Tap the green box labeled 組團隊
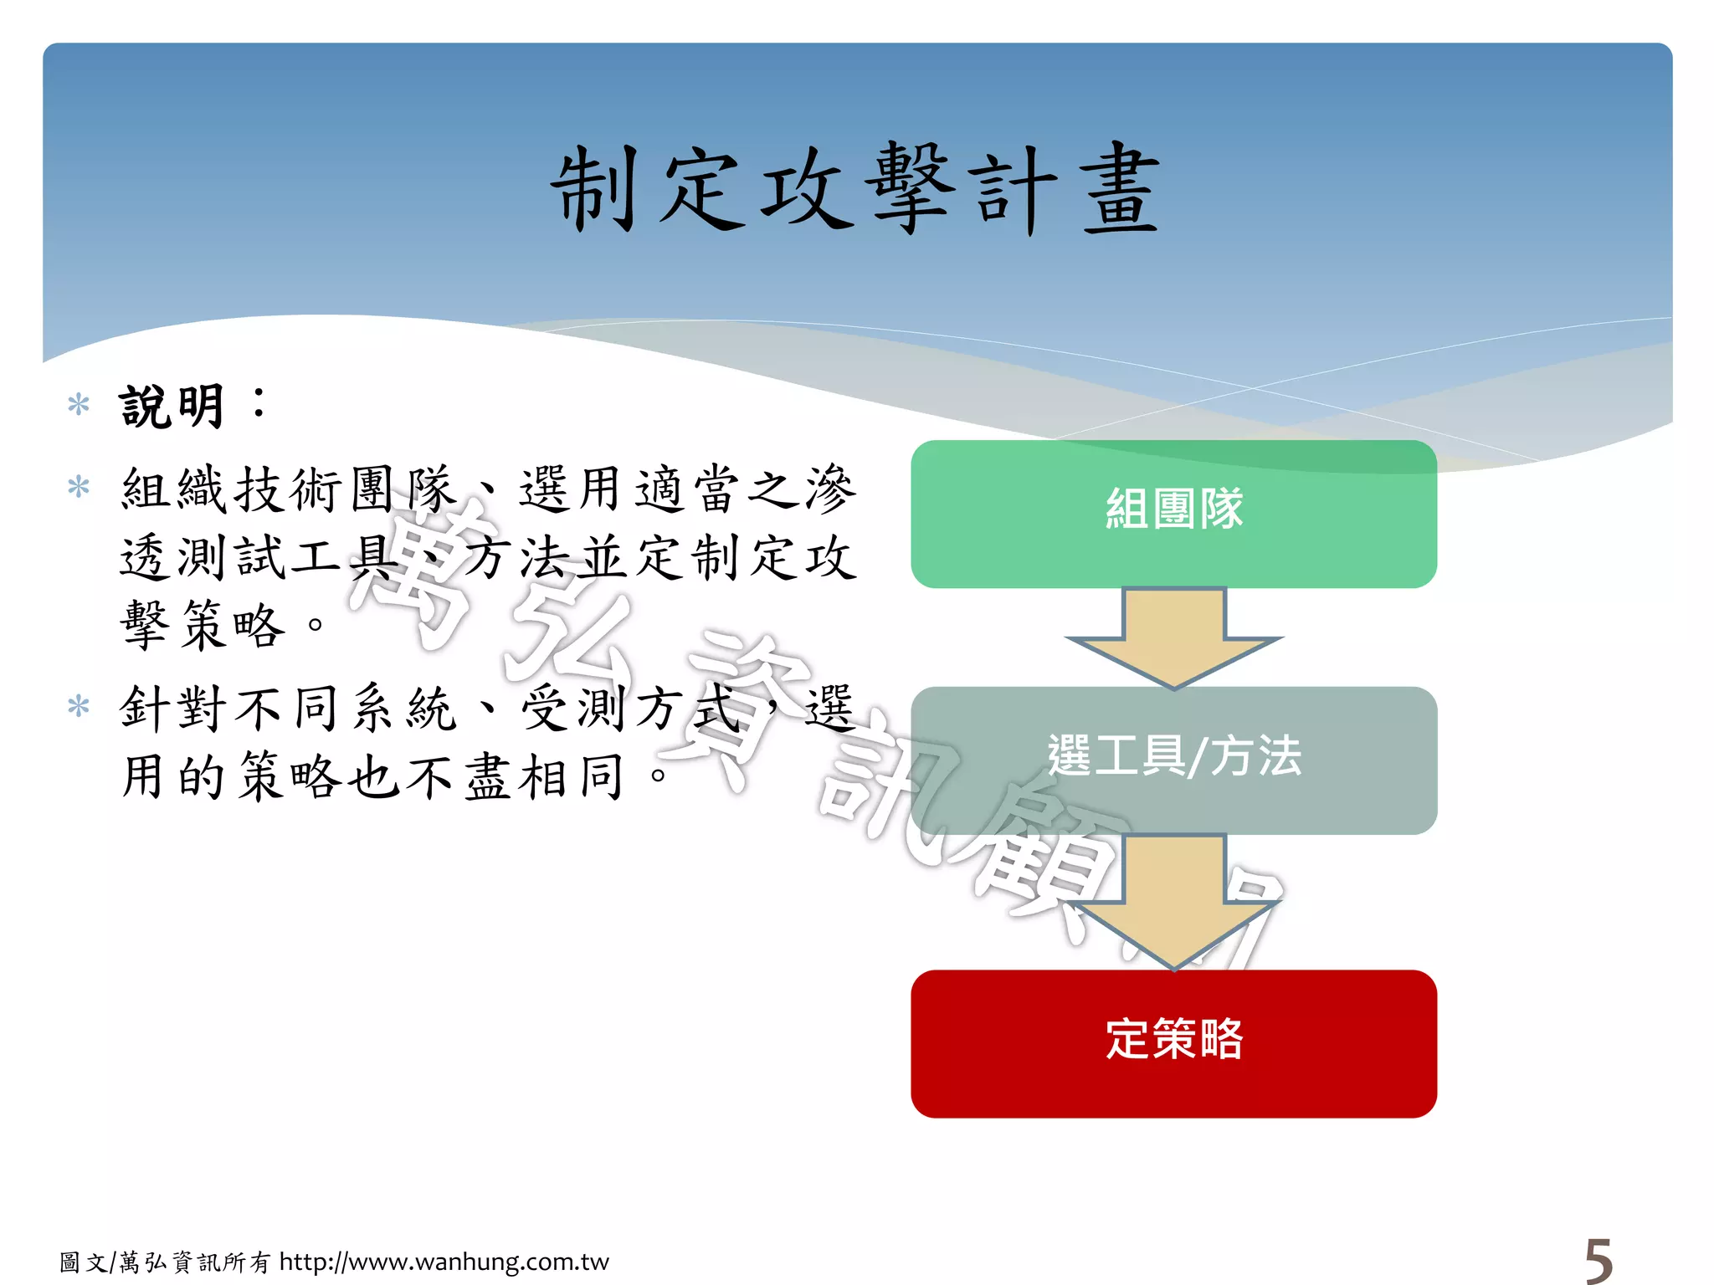[x=1173, y=513]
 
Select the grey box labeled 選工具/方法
[x=1173, y=759]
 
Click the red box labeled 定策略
[x=1173, y=1042]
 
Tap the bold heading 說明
[x=172, y=407]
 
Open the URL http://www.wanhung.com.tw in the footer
[x=444, y=1262]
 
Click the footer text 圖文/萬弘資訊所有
[x=165, y=1262]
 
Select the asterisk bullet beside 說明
[x=79, y=405]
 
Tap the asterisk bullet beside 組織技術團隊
[x=79, y=487]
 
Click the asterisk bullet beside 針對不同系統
[x=79, y=707]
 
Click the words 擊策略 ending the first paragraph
[x=203, y=625]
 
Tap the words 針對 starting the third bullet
[x=173, y=709]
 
